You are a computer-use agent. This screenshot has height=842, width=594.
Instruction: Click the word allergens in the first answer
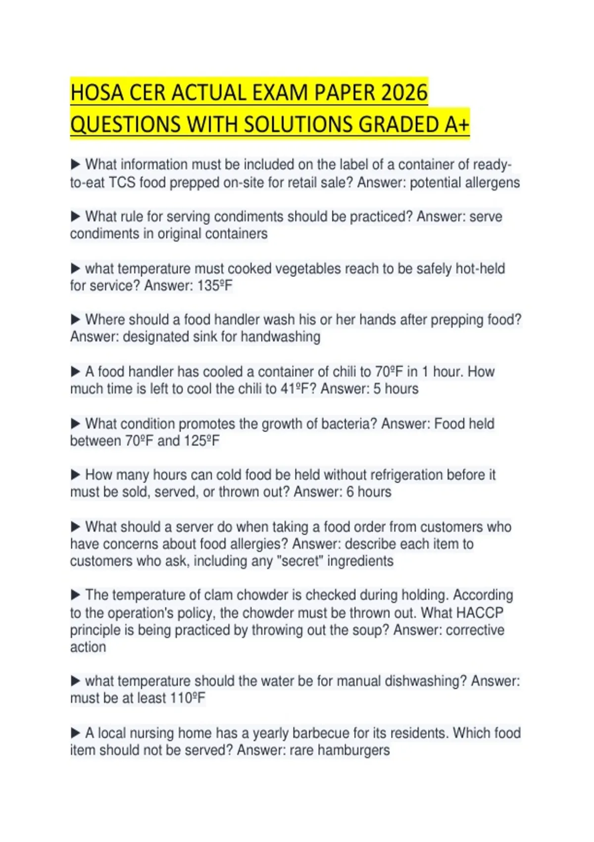pyautogui.click(x=490, y=183)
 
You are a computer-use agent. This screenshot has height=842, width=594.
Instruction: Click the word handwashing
pyautogui.click(x=281, y=337)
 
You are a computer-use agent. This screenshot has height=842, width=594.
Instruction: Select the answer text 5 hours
pyautogui.click(x=396, y=389)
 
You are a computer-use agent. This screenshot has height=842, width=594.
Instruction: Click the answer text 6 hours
pyautogui.click(x=367, y=492)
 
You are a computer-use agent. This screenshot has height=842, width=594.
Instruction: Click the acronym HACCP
pyautogui.click(x=479, y=613)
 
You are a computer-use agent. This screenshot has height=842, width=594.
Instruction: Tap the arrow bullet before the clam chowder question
pyautogui.click(x=75, y=595)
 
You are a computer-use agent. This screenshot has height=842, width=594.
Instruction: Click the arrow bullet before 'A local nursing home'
pyautogui.click(x=75, y=733)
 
